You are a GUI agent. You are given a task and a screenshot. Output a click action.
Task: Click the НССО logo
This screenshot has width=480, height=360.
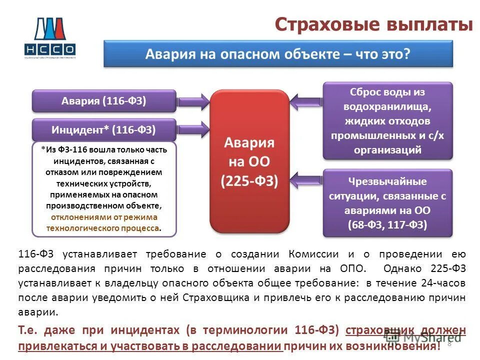coord(49,37)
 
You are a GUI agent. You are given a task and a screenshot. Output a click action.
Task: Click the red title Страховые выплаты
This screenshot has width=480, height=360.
coord(373,24)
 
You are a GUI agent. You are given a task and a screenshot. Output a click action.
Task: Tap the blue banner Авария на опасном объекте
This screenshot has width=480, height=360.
coord(277,54)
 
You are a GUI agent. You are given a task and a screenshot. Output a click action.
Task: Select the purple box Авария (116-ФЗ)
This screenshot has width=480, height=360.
coord(104,101)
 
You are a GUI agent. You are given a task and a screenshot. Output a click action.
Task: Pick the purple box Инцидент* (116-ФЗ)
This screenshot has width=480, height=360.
coord(104,130)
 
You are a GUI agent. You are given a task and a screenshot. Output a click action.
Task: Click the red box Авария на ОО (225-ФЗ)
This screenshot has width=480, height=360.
coord(249,161)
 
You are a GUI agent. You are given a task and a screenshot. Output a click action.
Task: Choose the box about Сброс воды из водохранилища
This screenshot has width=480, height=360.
coord(387,120)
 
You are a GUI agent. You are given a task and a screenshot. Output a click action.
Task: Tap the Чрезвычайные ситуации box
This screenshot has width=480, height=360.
coord(387,202)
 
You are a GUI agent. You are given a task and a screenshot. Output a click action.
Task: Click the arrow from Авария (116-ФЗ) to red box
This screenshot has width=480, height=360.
coord(193,101)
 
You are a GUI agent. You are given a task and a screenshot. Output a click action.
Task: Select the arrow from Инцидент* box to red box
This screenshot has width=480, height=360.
coord(193,130)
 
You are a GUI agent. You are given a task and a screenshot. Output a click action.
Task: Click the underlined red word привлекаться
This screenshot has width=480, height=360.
coord(48,345)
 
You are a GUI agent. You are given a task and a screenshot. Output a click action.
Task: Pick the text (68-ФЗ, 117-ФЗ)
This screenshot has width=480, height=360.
coord(387,224)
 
